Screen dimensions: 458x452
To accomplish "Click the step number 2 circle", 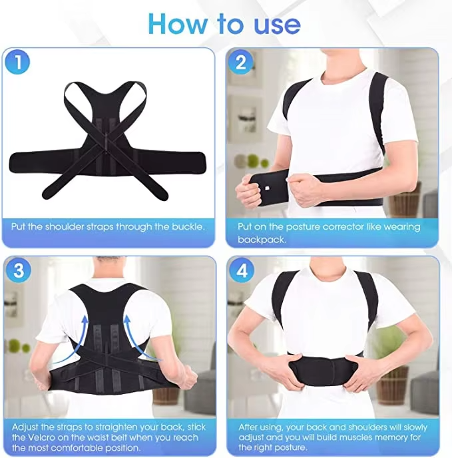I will click(241, 64).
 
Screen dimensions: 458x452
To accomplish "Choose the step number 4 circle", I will click(241, 272).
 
